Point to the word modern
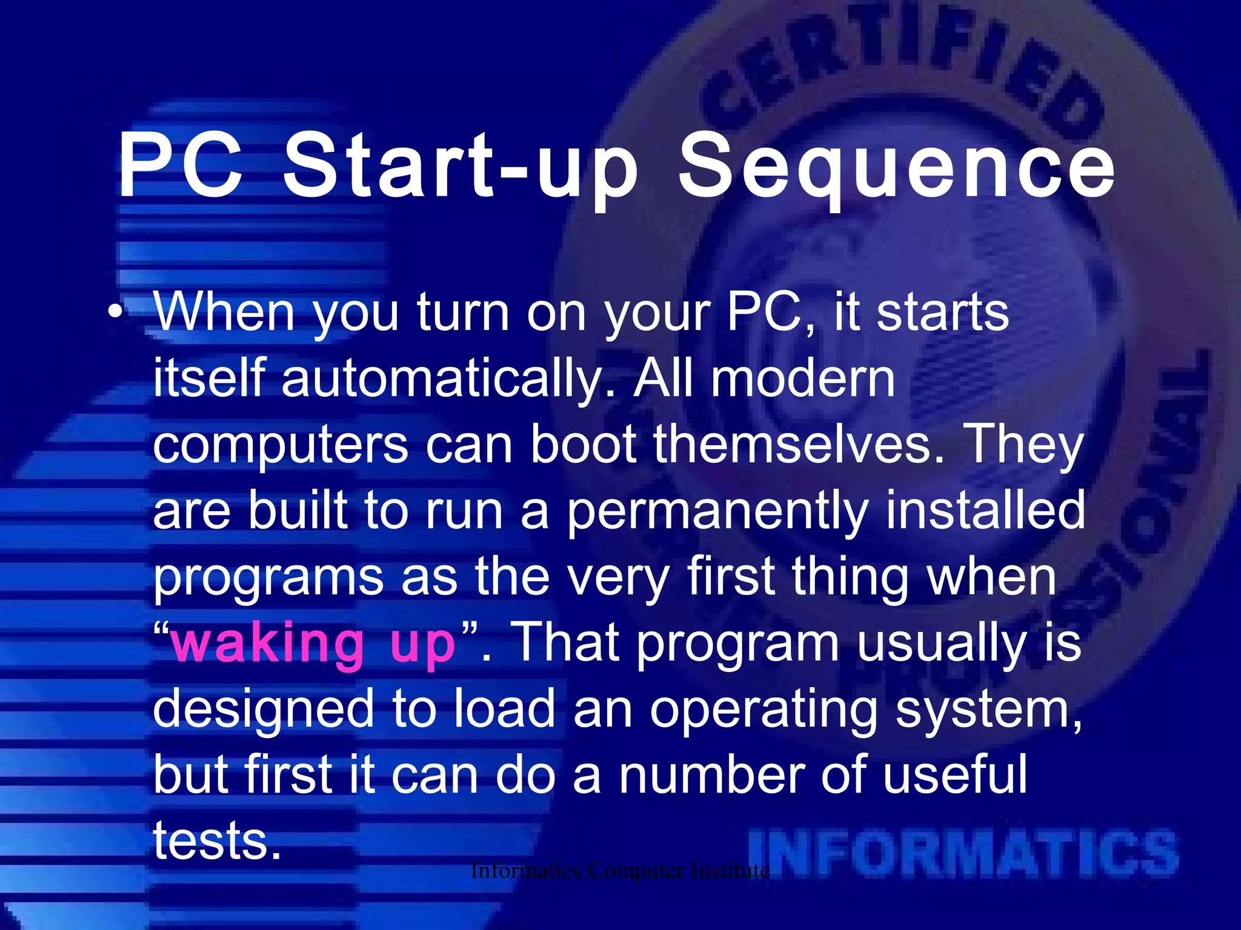click(803, 378)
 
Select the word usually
click(939, 645)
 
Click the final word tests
click(217, 842)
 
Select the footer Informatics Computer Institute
click(620, 871)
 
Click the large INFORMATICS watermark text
click(963, 854)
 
